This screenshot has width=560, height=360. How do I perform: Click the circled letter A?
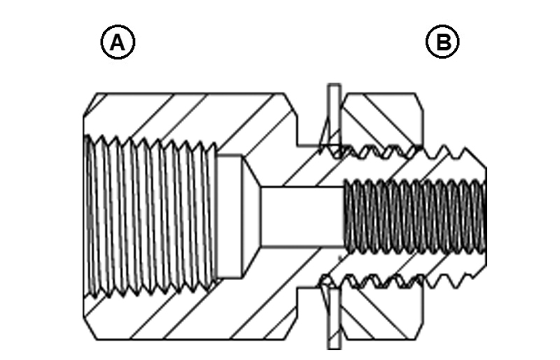(118, 43)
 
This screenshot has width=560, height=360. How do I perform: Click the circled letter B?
(442, 43)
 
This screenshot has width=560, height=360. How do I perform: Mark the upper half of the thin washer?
(335, 116)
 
